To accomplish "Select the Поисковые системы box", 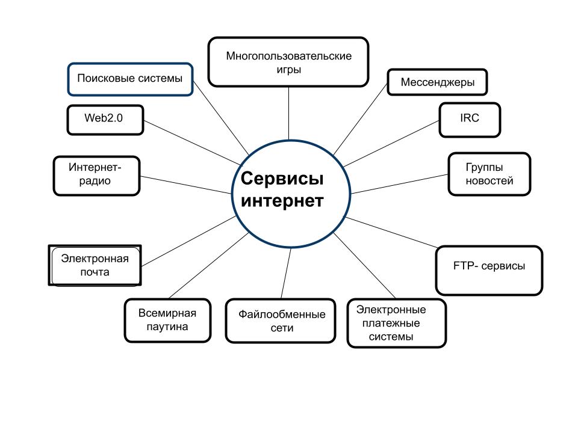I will coord(129,79).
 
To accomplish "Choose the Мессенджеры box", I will coord(437,82).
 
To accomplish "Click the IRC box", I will coord(470,118).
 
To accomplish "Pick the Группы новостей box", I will coord(489,173).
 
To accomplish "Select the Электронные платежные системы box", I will coord(397,324).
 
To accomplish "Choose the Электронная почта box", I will coord(95,265).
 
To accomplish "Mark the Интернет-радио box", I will coord(96,175).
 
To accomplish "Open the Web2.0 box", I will coord(104,118).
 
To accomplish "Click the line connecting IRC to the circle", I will coord(391,144).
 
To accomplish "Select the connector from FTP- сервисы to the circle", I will coord(391,232).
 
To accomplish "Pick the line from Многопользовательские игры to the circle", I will coord(289,113).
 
